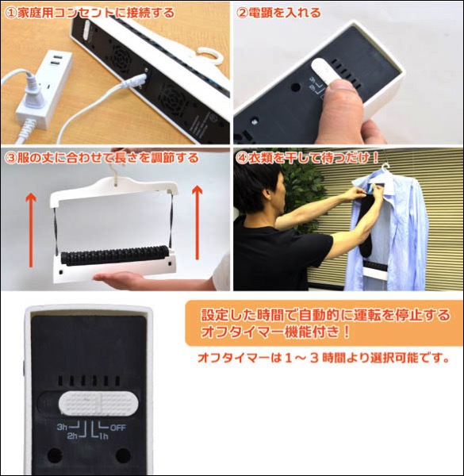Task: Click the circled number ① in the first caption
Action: (x=11, y=13)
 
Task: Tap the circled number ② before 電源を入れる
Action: (x=242, y=13)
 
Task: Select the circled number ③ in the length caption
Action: (x=11, y=158)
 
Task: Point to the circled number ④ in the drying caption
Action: (x=242, y=158)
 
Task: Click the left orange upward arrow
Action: (x=31, y=231)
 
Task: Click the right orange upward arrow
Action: (x=197, y=223)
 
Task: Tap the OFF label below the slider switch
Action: (x=117, y=428)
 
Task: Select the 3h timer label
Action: (x=62, y=427)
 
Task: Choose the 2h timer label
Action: (x=72, y=436)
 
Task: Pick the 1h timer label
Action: (x=104, y=436)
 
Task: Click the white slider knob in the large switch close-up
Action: (x=98, y=404)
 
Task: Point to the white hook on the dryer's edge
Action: (x=206, y=55)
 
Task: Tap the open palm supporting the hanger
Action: (x=121, y=277)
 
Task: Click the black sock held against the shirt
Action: (x=368, y=228)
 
